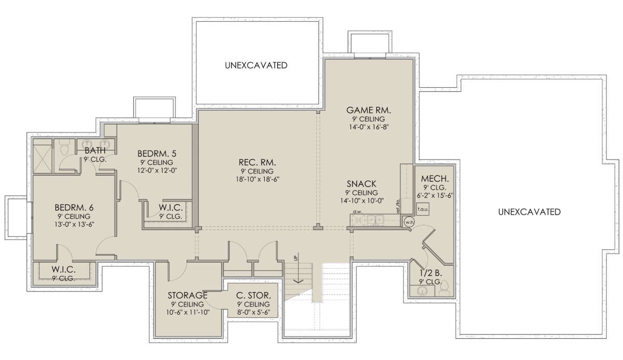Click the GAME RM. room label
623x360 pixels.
369,110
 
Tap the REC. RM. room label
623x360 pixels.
258,162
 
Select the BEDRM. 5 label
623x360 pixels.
157,154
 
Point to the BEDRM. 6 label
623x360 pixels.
74,208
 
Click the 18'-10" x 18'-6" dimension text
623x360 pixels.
258,179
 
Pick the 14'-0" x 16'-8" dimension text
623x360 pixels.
369,127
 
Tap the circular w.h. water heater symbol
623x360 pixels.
409,222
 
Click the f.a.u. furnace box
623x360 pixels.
423,209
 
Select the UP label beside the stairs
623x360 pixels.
295,257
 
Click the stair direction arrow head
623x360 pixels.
299,281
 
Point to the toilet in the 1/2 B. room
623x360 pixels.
444,288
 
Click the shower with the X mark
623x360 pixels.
43,159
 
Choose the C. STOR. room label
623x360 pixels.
253,295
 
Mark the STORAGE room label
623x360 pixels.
187,295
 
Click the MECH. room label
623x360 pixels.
435,179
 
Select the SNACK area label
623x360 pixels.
361,184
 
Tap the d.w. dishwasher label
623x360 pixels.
358,212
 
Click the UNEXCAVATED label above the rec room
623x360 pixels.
256,65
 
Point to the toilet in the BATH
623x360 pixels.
64,148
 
